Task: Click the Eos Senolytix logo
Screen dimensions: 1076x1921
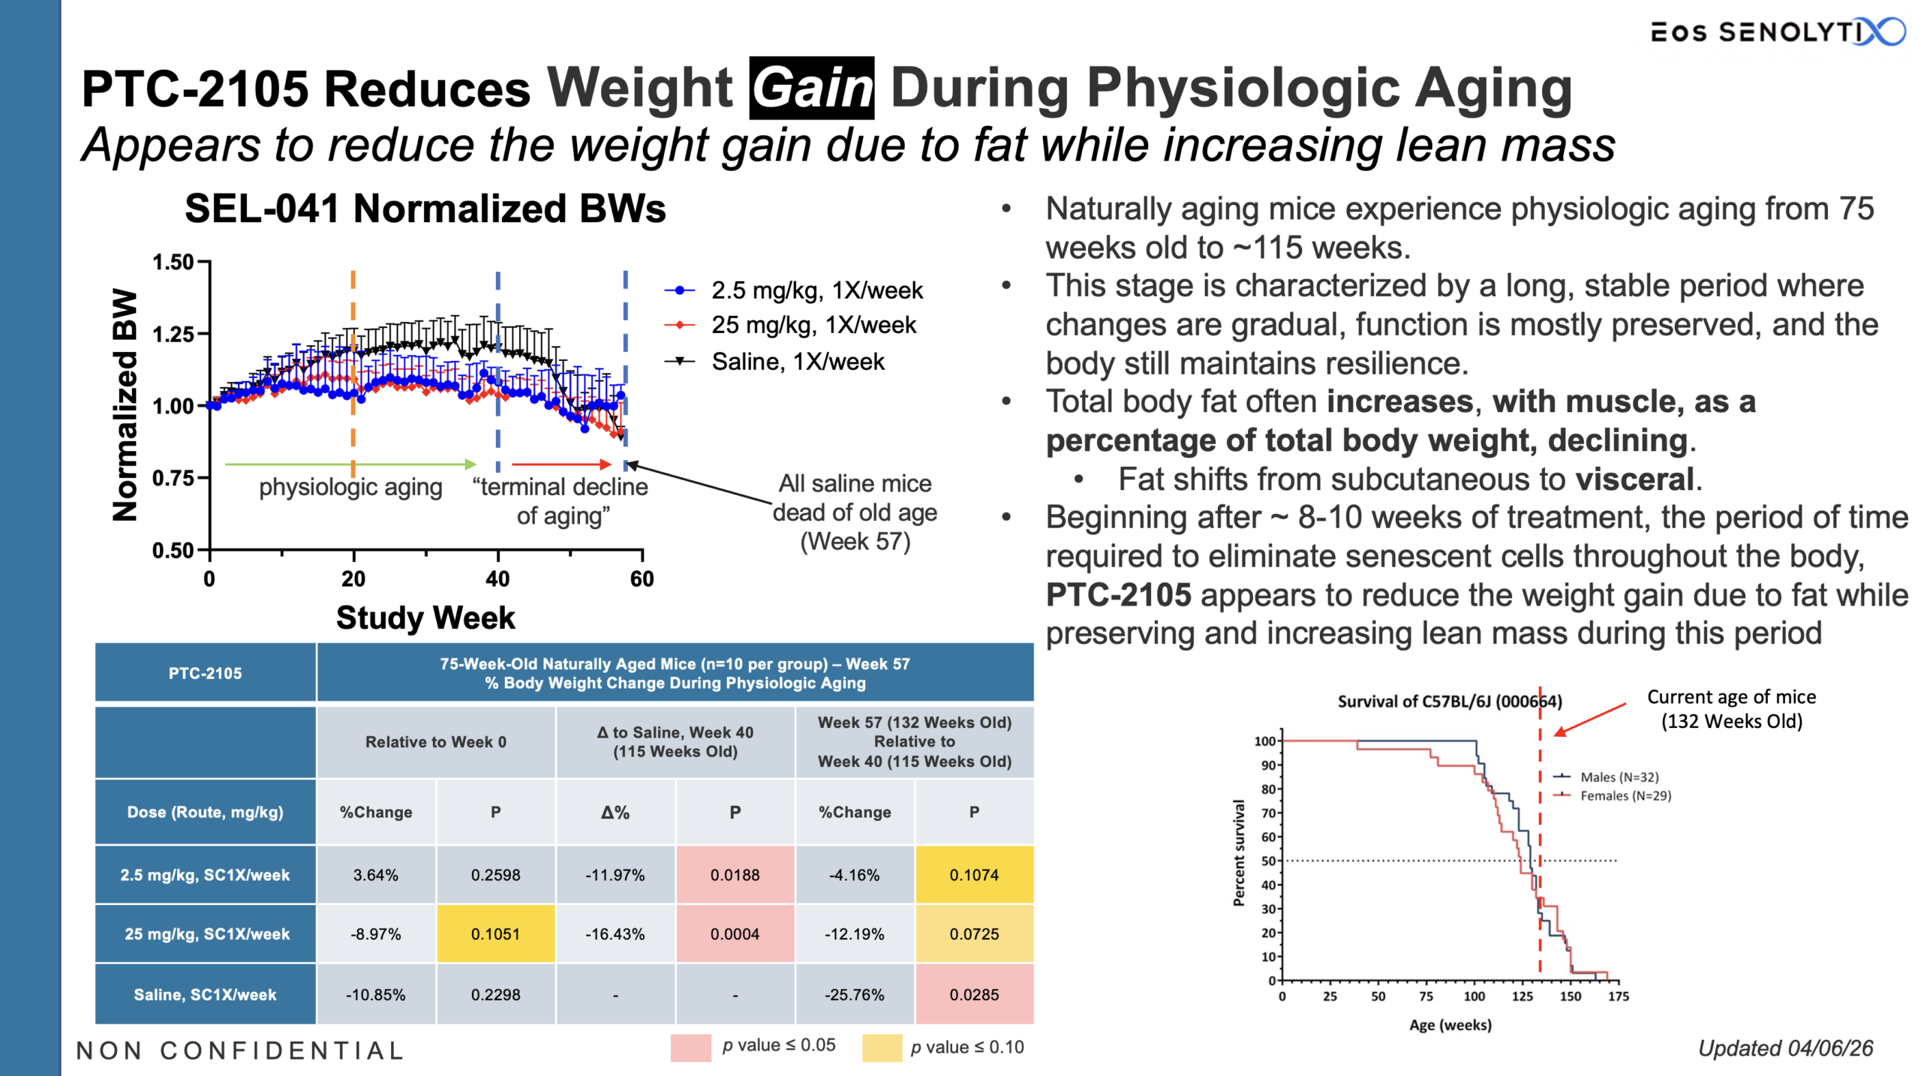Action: [1775, 32]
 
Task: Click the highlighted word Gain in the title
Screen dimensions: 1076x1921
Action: [811, 89]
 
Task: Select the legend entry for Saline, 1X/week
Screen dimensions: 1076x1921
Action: [797, 362]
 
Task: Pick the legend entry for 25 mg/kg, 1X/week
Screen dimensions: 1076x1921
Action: [813, 325]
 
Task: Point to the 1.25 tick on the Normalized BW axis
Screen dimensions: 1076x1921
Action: [173, 334]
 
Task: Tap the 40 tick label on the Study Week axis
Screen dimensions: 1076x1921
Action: [498, 579]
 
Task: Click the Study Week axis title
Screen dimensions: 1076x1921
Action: [425, 618]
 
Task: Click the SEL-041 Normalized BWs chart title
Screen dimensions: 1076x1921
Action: [425, 209]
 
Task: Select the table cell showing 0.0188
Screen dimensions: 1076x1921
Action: [735, 875]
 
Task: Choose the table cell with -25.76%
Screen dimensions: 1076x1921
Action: [854, 994]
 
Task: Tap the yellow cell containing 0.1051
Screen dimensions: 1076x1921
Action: [495, 934]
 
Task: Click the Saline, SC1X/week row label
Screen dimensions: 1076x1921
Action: [205, 994]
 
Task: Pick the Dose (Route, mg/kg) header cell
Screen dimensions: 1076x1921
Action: [205, 812]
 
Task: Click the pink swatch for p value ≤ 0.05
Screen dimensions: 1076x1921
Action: [690, 1047]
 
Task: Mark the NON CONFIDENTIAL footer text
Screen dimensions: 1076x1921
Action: [240, 1050]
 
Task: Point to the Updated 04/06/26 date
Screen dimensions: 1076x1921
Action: [1785, 1048]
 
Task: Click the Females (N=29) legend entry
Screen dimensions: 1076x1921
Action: [1625, 795]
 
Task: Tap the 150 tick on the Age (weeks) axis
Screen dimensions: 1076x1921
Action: [1570, 996]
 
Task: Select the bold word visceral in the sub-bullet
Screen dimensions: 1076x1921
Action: [1634, 479]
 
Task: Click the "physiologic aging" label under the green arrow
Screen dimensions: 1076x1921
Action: [350, 487]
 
